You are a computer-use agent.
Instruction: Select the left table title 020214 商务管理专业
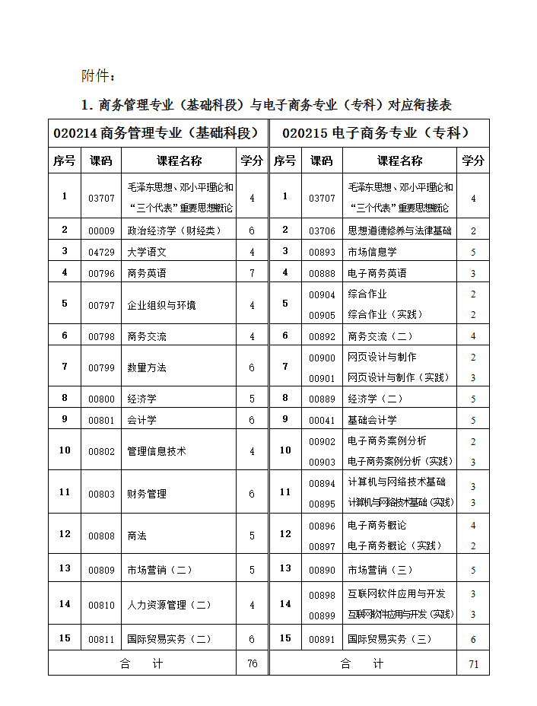[157, 132]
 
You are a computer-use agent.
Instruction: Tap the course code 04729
[101, 252]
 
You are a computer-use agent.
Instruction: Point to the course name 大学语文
[147, 252]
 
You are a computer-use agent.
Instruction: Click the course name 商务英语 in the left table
[147, 272]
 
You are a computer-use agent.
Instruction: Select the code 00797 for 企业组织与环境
[101, 304]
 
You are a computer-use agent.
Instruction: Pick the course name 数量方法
[147, 367]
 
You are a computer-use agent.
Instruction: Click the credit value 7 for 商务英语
[252, 272]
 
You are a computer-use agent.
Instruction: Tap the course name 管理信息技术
[157, 450]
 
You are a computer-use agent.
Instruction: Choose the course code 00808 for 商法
[101, 535]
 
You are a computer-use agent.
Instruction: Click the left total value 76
[252, 663]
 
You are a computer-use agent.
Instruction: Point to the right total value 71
[473, 663]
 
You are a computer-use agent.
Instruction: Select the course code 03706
[322, 231]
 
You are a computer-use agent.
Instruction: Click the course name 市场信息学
[373, 252]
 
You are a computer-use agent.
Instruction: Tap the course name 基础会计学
[373, 420]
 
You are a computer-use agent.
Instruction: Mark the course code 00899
[322, 615]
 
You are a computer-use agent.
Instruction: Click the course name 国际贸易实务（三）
[389, 639]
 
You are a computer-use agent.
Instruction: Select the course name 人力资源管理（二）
[169, 605]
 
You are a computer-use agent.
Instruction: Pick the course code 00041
[322, 420]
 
